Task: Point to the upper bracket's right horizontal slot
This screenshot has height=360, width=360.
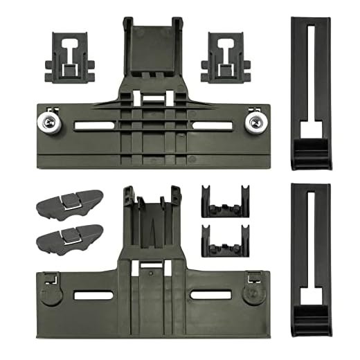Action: point(212,126)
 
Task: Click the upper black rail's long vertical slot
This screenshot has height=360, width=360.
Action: point(309,69)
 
